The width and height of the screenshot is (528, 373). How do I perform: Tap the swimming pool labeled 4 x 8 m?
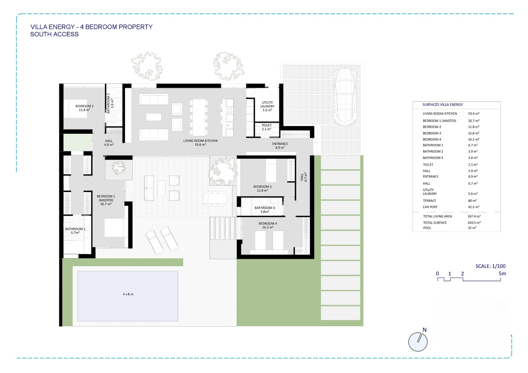(128, 296)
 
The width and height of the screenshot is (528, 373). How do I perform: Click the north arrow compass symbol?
(418, 342)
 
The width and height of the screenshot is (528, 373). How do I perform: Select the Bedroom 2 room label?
(84, 108)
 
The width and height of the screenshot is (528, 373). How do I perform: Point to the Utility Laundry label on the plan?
(267, 106)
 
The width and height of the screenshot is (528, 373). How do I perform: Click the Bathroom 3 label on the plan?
(265, 210)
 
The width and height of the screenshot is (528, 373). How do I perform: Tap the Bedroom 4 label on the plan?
(268, 225)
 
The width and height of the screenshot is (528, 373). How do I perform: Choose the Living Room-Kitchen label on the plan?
(200, 143)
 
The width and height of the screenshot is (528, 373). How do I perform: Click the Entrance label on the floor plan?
(280, 146)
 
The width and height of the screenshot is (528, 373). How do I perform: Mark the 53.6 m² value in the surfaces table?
(474, 114)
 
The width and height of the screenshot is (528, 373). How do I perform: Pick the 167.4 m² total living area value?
(474, 216)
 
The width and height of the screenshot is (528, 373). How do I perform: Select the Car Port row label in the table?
(430, 207)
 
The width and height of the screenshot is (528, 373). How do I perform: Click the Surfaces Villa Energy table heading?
(443, 105)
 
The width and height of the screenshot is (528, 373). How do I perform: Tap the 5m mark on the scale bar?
(502, 273)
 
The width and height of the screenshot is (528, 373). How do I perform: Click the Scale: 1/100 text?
(491, 266)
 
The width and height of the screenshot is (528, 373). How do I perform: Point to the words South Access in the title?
(54, 34)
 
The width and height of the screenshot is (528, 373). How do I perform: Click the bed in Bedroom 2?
(76, 109)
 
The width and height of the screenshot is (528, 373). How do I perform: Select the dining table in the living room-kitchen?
(199, 117)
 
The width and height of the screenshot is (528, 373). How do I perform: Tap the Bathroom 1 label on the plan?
(75, 231)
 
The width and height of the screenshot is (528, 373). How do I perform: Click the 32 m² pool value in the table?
(472, 228)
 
